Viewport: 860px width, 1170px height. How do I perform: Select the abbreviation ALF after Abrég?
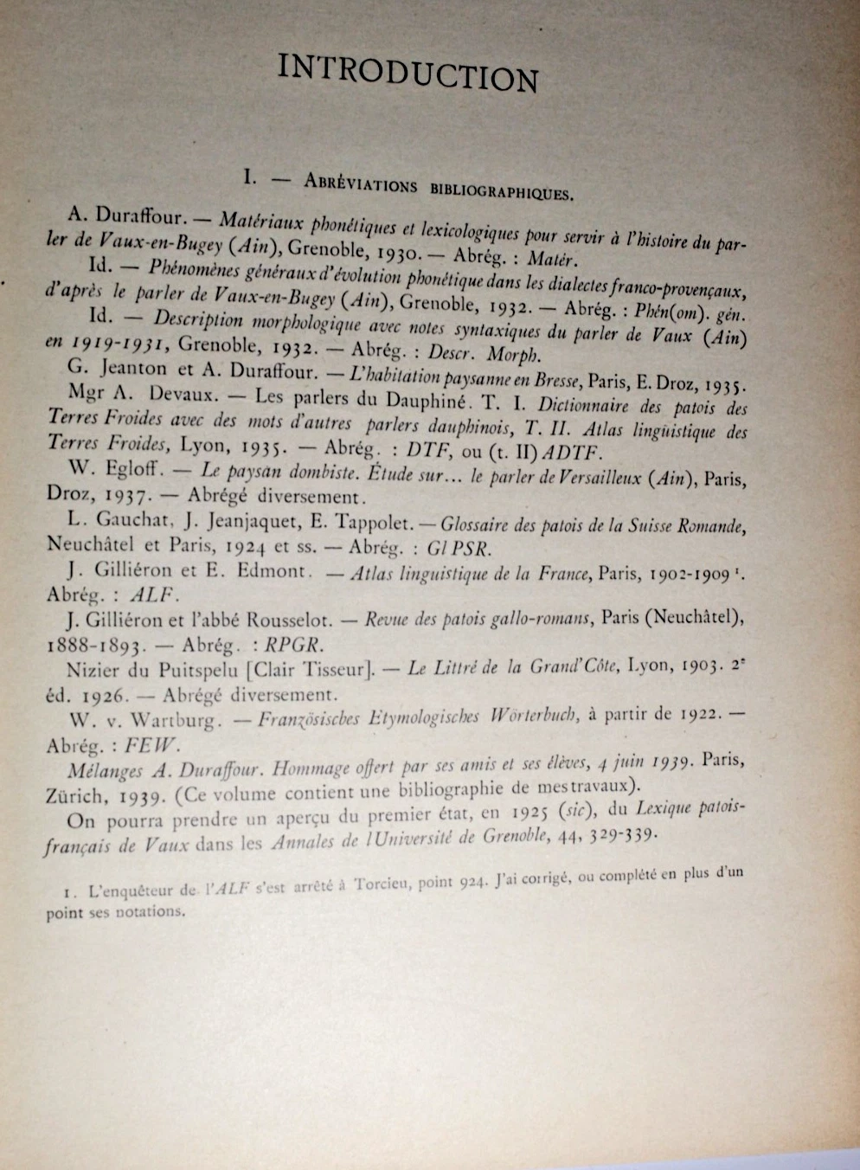tap(153, 595)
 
